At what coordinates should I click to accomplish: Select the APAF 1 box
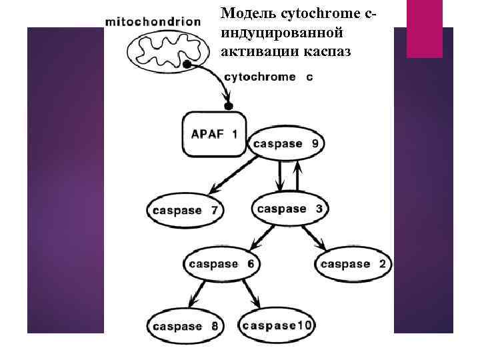(x=214, y=133)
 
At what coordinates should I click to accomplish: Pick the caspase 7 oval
(x=185, y=210)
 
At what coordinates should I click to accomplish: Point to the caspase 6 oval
(x=221, y=263)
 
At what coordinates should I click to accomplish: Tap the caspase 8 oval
(x=185, y=326)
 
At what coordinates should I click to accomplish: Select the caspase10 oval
(x=277, y=325)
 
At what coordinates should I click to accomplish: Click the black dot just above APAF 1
(x=229, y=106)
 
